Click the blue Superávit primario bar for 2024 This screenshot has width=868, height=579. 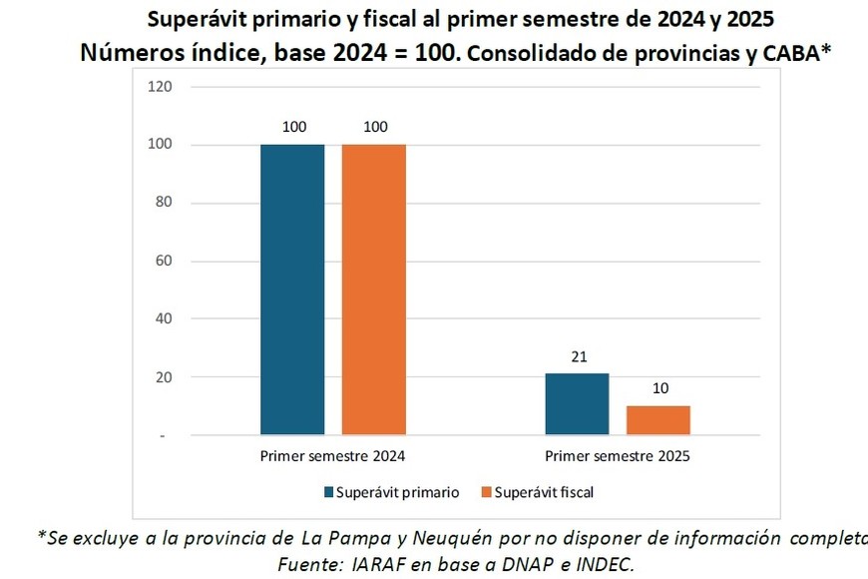point(292,289)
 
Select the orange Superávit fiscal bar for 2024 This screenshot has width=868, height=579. point(373,289)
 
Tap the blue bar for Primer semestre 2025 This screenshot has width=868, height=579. point(577,404)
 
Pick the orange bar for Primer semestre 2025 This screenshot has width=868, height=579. point(657,420)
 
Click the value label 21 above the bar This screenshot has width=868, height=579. point(577,356)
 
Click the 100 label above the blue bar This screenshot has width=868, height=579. point(292,127)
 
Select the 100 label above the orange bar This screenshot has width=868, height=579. point(374,127)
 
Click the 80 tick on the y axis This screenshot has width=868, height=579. point(165,203)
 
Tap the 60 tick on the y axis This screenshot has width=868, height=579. point(165,262)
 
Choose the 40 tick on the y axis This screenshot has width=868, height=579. point(165,319)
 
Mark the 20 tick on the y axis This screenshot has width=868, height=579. point(165,377)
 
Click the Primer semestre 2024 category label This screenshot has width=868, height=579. point(333,456)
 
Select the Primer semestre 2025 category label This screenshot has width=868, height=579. point(618,456)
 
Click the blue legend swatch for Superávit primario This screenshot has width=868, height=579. point(328,492)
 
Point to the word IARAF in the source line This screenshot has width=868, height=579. point(377,564)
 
